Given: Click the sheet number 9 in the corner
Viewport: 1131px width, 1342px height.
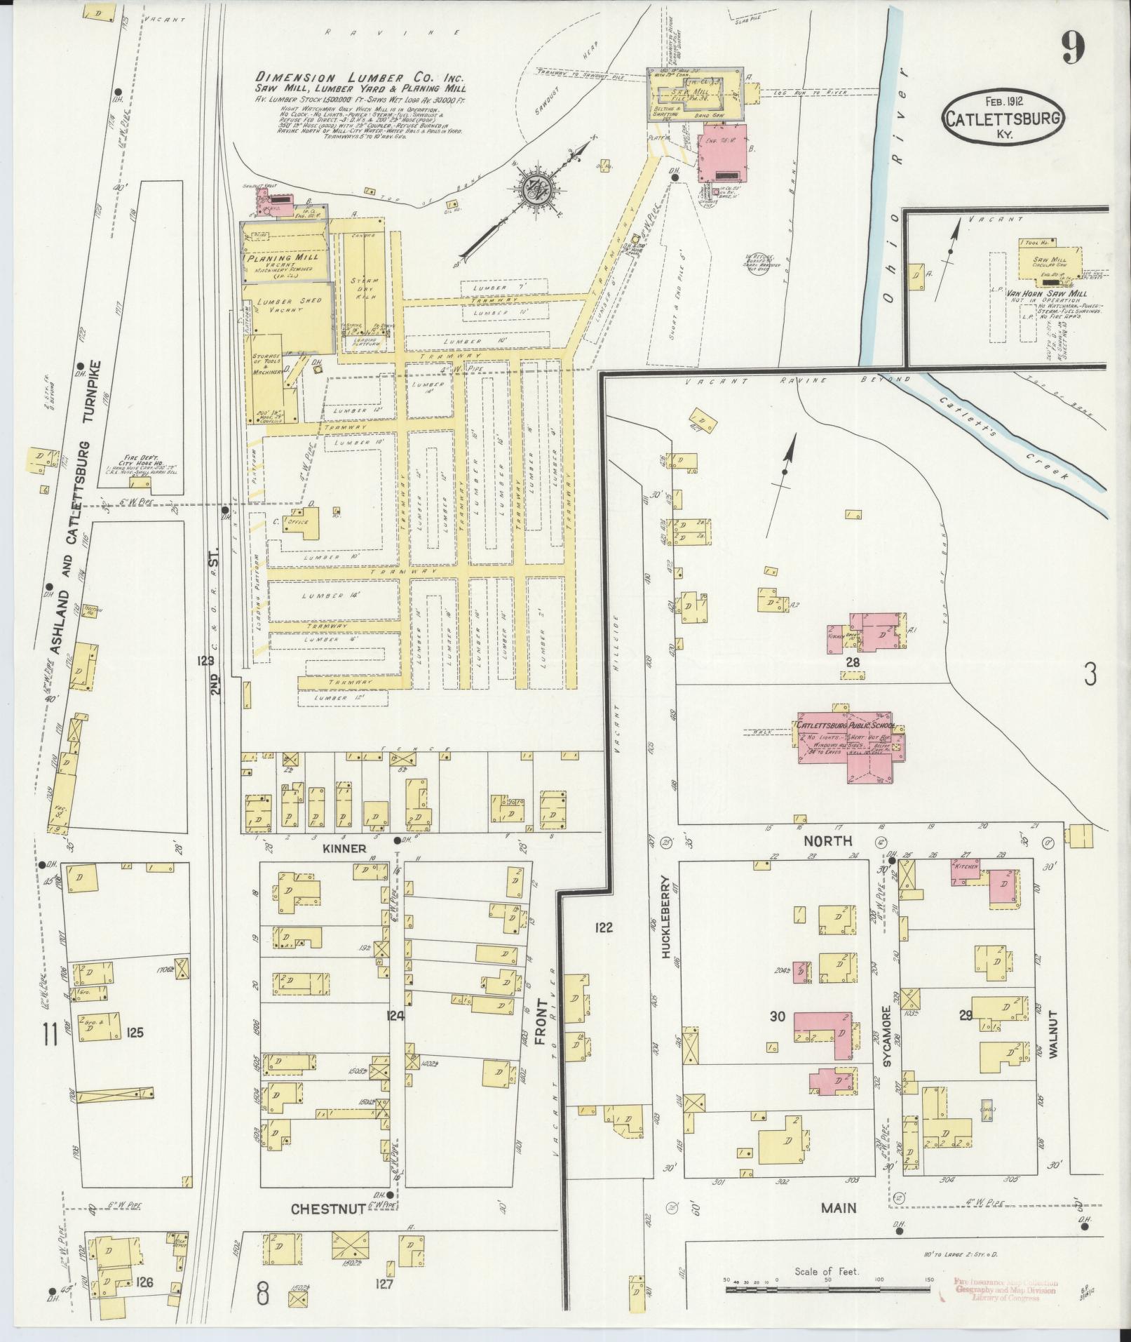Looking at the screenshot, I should coord(1074,47).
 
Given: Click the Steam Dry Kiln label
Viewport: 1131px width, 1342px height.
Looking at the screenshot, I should coord(365,288).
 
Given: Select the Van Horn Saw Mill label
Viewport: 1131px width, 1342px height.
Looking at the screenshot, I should coord(1043,294).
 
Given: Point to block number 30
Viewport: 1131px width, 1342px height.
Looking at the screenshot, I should coord(777,1035).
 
